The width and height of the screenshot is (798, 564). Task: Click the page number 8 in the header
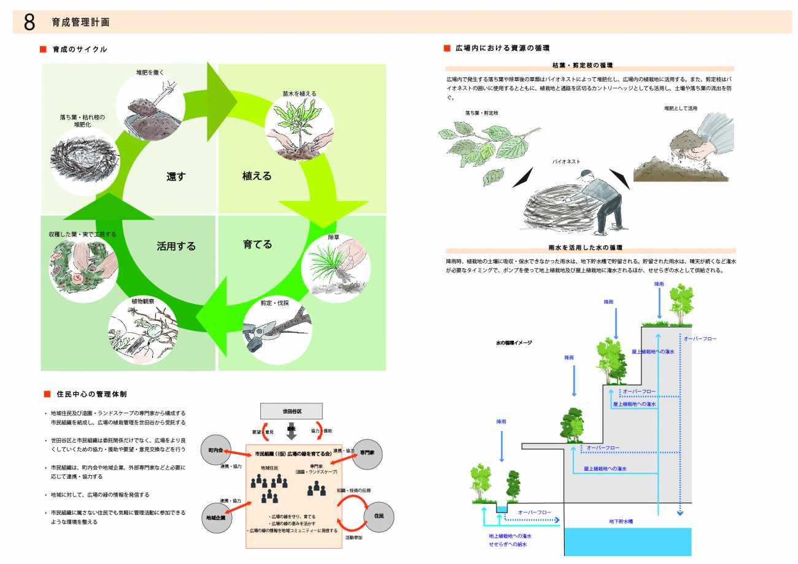(x=29, y=22)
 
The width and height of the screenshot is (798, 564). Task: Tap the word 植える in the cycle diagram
(x=257, y=176)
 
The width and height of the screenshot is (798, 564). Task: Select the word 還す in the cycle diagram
(x=176, y=177)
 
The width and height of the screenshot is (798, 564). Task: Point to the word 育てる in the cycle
(x=257, y=244)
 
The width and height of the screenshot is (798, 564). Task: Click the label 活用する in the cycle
(x=176, y=246)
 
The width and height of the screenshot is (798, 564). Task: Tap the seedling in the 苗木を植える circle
(x=300, y=126)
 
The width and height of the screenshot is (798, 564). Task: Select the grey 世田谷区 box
(x=292, y=411)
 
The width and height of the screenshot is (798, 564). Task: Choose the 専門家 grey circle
(x=368, y=452)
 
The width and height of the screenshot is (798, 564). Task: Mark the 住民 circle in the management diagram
(x=378, y=516)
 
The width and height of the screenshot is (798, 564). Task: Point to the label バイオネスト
(x=566, y=162)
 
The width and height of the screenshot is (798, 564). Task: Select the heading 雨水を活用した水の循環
(x=585, y=247)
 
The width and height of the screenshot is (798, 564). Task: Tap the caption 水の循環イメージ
(x=514, y=343)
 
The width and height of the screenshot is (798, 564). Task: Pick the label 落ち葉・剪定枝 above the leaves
(x=482, y=113)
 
